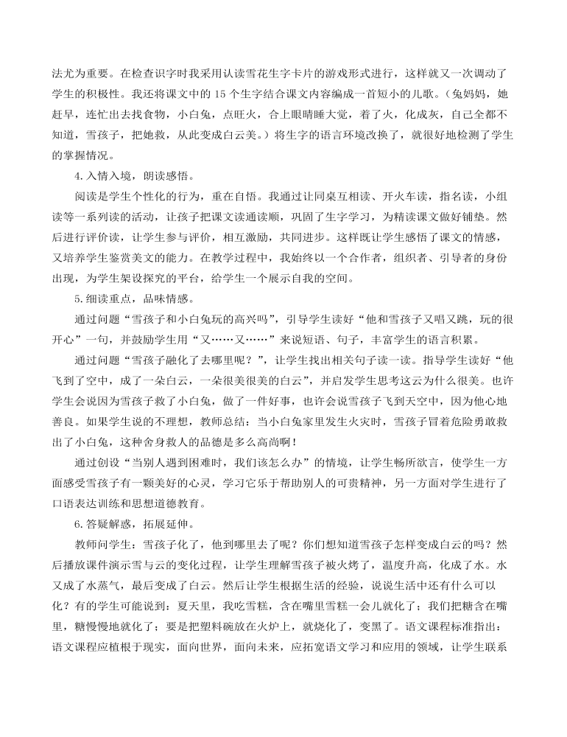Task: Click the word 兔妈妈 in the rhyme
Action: (461, 95)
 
